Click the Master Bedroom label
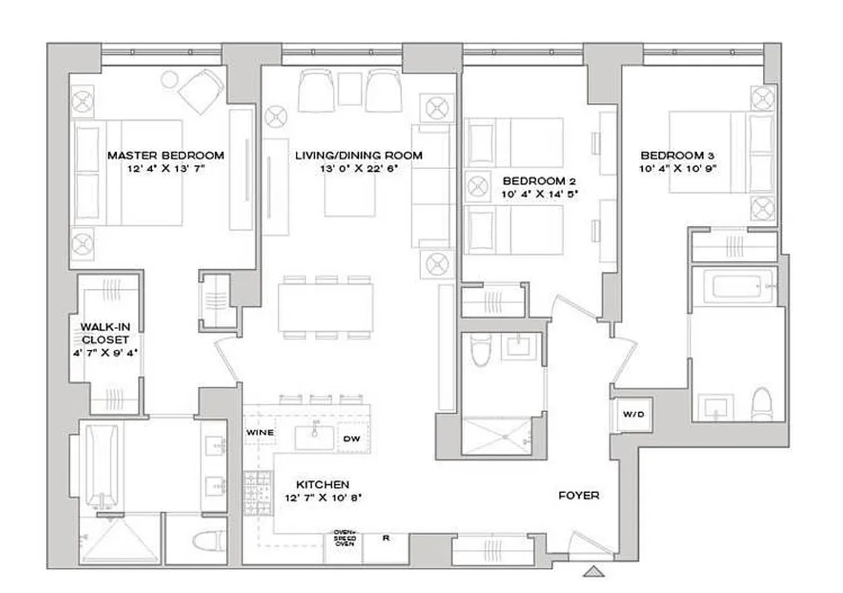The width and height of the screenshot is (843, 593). pos(165,155)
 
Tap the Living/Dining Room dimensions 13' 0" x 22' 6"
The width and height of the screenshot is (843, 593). pos(359,168)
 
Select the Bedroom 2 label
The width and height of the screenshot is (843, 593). pos(539,181)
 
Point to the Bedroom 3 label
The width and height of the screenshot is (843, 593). pos(677,155)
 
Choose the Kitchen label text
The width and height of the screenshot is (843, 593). pos(323,484)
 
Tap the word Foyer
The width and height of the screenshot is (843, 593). pos(579,495)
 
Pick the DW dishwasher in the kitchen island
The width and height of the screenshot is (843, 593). pos(351,438)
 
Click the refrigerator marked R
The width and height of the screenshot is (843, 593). pos(386,539)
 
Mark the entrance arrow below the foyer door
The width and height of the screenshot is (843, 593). pos(593,571)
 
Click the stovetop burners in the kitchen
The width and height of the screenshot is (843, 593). pos(259,490)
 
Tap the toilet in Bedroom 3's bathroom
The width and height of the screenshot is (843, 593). pos(761,404)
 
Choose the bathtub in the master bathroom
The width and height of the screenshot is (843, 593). pos(96,464)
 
